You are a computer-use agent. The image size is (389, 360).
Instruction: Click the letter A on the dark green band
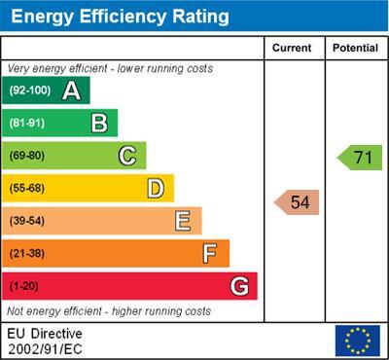72,90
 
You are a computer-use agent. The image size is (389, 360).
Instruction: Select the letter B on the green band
99,123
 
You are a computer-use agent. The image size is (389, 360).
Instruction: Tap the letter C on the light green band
127,156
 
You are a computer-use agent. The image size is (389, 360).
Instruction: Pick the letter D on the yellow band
156,189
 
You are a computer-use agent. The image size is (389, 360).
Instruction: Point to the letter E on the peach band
183,221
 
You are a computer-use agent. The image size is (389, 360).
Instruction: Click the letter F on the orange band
210,254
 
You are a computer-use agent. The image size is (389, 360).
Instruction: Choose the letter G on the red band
239,286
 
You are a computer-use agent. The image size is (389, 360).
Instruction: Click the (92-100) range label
30,90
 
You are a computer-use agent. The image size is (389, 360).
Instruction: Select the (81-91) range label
27,123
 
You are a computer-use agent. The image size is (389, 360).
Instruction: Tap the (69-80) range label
27,156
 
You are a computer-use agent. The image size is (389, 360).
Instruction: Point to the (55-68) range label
27,188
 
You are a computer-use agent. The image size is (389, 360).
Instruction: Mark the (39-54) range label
27,221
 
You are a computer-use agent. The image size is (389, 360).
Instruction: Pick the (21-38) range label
27,253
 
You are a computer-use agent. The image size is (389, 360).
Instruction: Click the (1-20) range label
23,286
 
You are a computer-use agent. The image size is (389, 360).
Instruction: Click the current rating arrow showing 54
297,202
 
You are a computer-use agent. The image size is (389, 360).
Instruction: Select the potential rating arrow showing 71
360,158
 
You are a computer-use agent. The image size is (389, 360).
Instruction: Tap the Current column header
292,48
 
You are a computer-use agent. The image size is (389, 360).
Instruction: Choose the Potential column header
356,48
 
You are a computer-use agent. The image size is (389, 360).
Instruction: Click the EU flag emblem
358,341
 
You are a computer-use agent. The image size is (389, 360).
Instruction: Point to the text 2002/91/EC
45,349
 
